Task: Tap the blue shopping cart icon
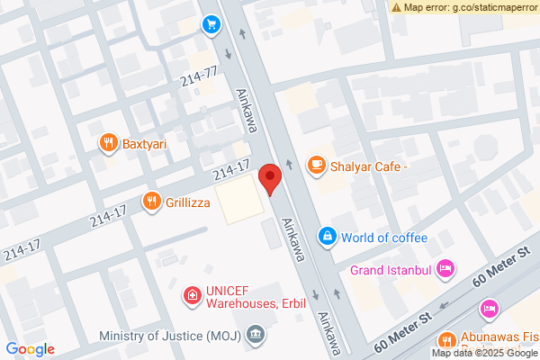211,24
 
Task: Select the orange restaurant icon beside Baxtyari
108,142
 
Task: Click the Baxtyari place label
147,142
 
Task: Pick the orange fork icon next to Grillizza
151,202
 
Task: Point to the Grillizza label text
187,202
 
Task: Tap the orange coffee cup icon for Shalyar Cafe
316,165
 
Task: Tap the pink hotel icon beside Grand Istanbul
445,268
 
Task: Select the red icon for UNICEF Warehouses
191,295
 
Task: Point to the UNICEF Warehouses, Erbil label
255,297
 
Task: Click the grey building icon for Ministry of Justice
256,336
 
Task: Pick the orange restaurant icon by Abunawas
445,340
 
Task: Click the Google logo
31,349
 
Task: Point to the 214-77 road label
200,77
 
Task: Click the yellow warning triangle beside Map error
396,7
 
